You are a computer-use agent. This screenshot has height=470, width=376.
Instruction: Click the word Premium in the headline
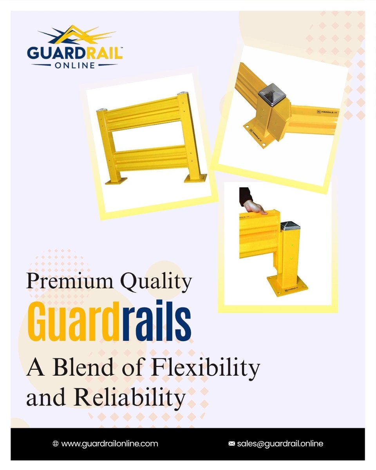(x=70, y=281)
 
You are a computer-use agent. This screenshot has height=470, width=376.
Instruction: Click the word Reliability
(x=130, y=398)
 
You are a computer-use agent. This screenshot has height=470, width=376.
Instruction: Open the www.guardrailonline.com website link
(x=110, y=444)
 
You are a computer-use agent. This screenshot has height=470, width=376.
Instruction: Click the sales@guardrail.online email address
(x=280, y=444)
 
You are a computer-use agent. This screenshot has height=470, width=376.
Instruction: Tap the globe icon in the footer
(x=55, y=444)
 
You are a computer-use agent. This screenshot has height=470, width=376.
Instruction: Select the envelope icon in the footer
(x=231, y=444)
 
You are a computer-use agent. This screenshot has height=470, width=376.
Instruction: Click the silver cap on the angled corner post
(x=270, y=96)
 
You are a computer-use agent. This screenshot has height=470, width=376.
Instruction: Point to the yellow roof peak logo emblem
(x=72, y=35)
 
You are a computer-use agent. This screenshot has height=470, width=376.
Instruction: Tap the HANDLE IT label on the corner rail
(x=325, y=112)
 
